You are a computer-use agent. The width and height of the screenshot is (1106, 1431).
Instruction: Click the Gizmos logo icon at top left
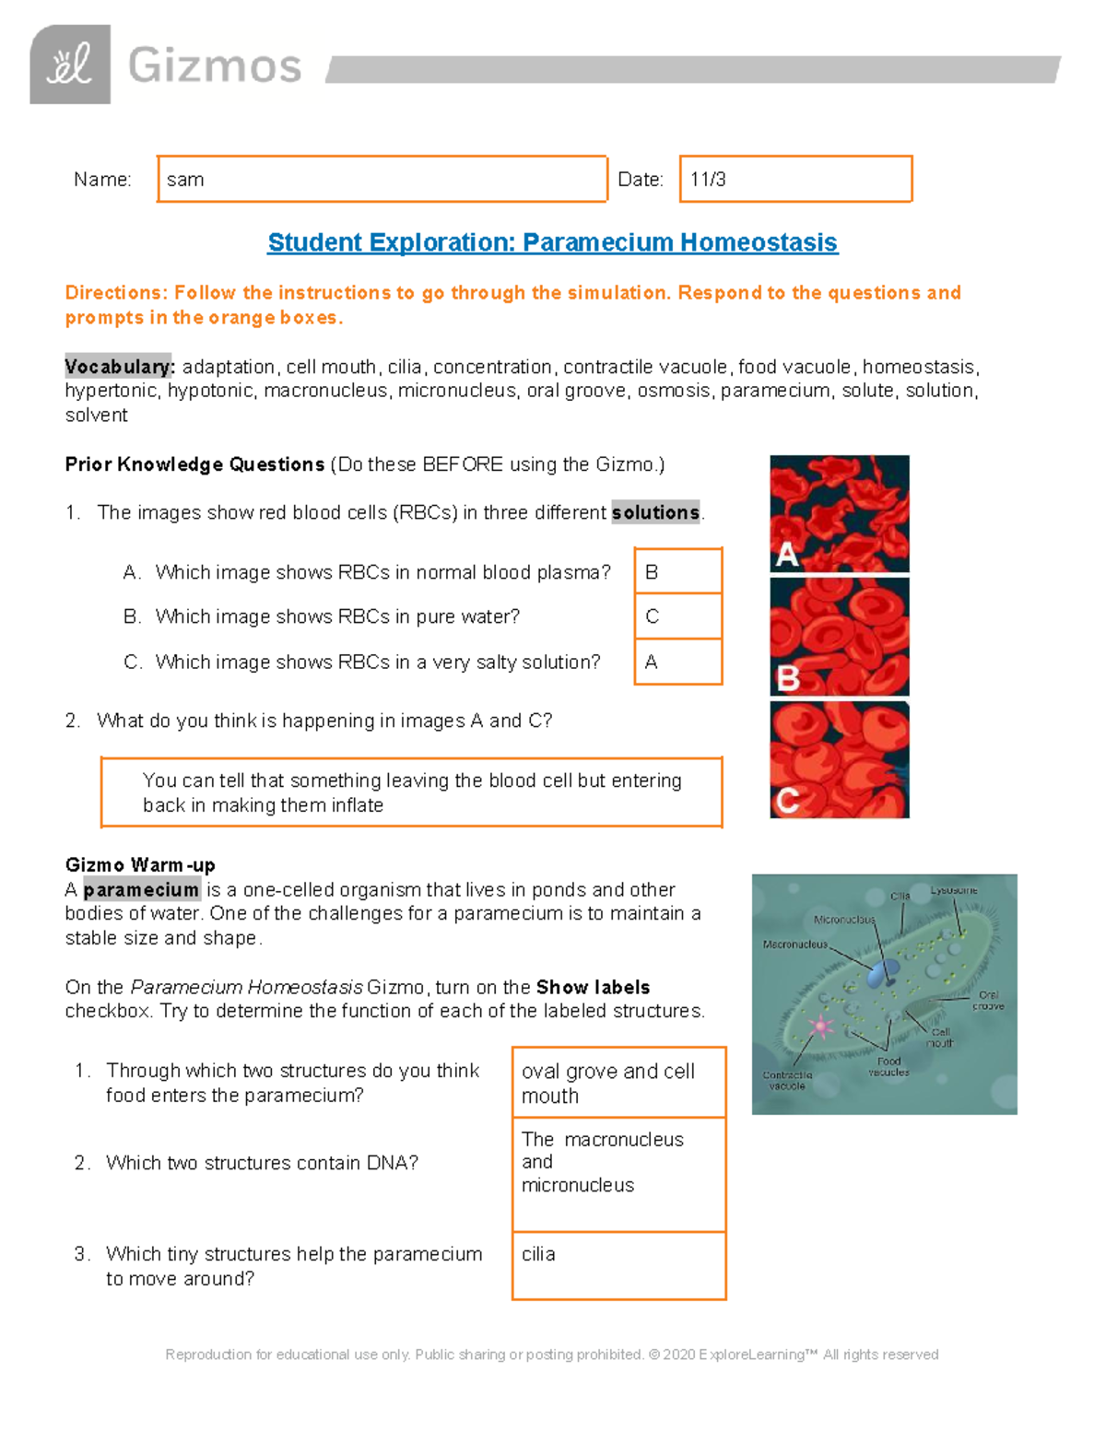pos(70,65)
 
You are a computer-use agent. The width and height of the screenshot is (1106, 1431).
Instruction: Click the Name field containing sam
pos(382,180)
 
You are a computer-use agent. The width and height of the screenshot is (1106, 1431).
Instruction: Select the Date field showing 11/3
pos(795,180)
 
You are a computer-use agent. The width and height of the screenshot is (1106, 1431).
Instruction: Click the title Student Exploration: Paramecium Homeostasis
pos(552,242)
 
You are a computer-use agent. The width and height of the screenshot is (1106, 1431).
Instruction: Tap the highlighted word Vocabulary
pos(119,367)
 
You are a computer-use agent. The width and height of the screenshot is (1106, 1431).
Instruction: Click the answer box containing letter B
pos(677,572)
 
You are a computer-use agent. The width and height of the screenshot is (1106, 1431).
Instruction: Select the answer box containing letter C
pos(677,616)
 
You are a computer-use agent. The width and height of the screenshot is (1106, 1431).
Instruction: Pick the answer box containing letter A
pos(677,662)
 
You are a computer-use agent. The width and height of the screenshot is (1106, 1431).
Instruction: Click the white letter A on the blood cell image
pos(786,555)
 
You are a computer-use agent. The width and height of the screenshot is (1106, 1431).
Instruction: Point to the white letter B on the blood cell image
pos(788,678)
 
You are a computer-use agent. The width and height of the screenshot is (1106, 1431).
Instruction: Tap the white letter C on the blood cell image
pos(787,800)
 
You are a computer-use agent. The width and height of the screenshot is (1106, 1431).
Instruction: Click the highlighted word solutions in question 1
pos(655,512)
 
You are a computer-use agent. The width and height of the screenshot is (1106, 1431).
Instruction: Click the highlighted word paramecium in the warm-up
pos(141,890)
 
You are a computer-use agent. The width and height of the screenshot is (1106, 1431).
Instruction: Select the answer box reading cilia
pos(618,1265)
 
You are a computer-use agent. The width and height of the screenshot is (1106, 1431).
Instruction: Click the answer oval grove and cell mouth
pos(618,1083)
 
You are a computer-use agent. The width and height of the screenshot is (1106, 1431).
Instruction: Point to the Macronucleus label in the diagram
pos(795,944)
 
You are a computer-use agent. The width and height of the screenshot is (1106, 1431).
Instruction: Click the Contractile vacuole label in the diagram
pos(787,1080)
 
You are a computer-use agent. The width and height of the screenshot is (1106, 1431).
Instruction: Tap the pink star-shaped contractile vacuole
pos(819,1026)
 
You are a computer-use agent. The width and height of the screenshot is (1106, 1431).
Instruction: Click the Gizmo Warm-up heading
pos(140,865)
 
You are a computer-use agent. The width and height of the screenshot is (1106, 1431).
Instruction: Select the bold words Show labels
pos(593,987)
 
